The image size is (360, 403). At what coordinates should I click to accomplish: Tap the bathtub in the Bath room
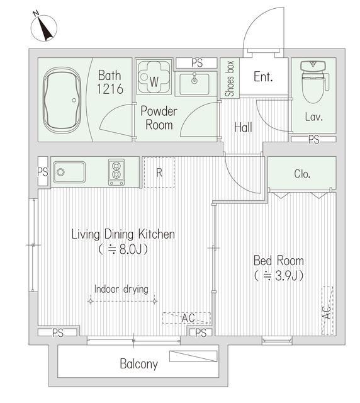pyautogui.click(x=62, y=100)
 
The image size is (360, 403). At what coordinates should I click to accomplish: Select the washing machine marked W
pyautogui.click(x=154, y=76)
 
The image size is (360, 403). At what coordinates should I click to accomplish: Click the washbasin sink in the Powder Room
pyautogui.click(x=194, y=84)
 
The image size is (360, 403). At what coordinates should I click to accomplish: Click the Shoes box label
pyautogui.click(x=230, y=79)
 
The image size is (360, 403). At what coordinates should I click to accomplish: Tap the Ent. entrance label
pyautogui.click(x=263, y=77)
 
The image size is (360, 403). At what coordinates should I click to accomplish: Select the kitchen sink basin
pyautogui.click(x=69, y=172)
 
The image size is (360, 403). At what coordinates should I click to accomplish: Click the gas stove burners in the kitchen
pyautogui.click(x=116, y=172)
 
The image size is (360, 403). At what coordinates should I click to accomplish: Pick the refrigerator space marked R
pyautogui.click(x=159, y=172)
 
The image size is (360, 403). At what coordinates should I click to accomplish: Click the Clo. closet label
pyautogui.click(x=302, y=174)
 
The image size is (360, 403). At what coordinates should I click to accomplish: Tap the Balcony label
pyautogui.click(x=138, y=364)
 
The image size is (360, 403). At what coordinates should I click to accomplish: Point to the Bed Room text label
pyautogui.click(x=279, y=261)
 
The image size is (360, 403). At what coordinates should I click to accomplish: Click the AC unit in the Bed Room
pyautogui.click(x=327, y=310)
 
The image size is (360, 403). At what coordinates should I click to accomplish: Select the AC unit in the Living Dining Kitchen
pyautogui.click(x=187, y=318)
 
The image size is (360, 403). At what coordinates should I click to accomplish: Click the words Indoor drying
pyautogui.click(x=121, y=289)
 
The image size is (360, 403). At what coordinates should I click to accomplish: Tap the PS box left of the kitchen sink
pyautogui.click(x=43, y=171)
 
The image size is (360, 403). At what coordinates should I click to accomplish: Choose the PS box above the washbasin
pyautogui.click(x=197, y=63)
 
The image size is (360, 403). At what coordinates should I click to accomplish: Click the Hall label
pyautogui.click(x=243, y=127)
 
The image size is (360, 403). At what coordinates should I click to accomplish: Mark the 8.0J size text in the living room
pyautogui.click(x=123, y=249)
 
